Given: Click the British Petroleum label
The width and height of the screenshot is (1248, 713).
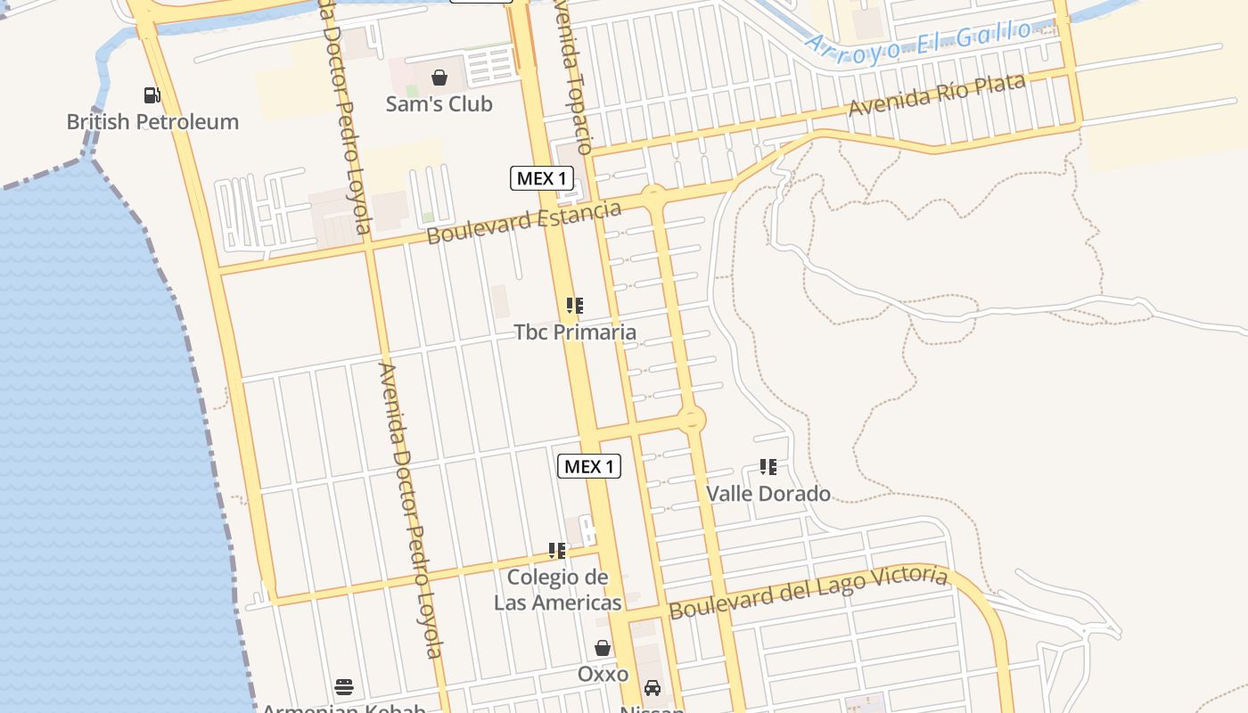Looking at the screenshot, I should [152, 122].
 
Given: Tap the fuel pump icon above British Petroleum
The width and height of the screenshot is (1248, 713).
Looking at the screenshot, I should [152, 94].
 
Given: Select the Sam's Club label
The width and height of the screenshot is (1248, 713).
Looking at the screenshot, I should [439, 104].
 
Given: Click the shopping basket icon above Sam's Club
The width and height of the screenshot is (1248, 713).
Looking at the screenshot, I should [439, 78].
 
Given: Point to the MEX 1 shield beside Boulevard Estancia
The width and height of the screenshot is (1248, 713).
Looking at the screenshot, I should [541, 178].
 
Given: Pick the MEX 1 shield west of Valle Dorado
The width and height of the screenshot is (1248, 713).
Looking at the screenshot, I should [588, 466].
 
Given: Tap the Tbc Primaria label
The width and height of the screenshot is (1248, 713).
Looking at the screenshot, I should [575, 332].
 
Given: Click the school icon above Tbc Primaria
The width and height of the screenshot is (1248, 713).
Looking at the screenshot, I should [575, 306].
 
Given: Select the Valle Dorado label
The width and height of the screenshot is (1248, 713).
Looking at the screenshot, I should [768, 494].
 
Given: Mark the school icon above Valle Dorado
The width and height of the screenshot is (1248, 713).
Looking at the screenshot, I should [768, 467].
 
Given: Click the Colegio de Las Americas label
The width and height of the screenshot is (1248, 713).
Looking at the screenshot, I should [558, 590].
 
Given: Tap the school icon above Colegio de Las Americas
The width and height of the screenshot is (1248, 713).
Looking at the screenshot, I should [557, 551].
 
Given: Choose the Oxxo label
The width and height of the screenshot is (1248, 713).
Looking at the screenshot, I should [603, 675].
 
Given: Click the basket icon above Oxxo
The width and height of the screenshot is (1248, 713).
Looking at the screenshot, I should [603, 648].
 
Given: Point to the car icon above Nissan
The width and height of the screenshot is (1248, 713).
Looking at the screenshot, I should [653, 688].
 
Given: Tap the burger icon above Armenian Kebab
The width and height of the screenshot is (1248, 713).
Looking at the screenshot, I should [344, 686].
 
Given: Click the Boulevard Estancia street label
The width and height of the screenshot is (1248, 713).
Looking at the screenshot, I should [523, 223].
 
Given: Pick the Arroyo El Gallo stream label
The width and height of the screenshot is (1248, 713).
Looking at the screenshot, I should [918, 41].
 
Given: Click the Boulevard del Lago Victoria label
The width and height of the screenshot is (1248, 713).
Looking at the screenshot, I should [809, 591].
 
